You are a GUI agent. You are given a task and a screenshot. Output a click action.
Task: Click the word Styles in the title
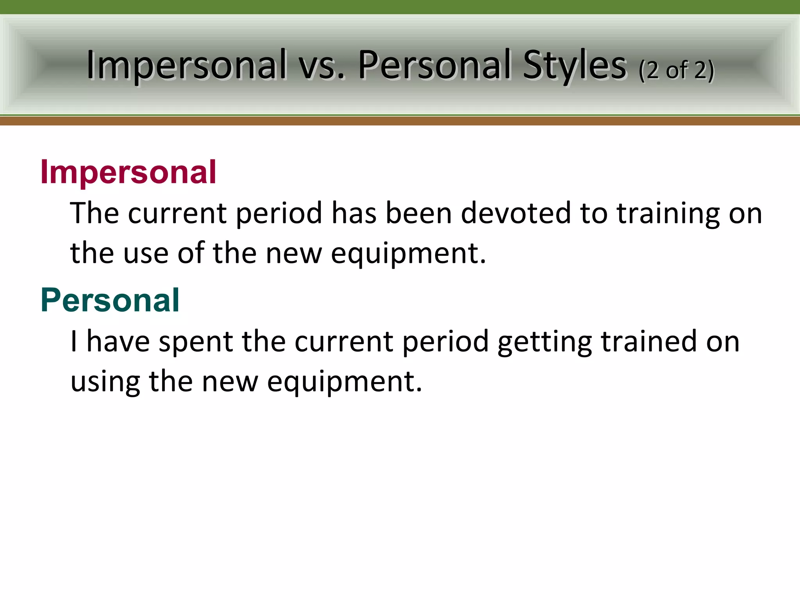pyautogui.click(x=575, y=65)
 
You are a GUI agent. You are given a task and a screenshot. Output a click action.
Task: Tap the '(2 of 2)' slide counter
pyautogui.click(x=677, y=70)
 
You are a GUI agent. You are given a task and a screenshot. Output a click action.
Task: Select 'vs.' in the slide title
pyautogui.click(x=322, y=65)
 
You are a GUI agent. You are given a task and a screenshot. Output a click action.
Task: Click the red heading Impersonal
pyautogui.click(x=128, y=172)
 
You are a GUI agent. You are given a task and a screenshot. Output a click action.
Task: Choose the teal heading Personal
pyautogui.click(x=110, y=300)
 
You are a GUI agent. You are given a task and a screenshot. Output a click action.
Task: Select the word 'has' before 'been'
pyautogui.click(x=354, y=213)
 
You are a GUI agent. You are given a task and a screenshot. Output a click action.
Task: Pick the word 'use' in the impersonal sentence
pyautogui.click(x=146, y=254)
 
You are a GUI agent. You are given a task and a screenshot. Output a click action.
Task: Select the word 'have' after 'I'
pyautogui.click(x=118, y=341)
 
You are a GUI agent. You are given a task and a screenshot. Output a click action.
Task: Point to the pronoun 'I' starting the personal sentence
pyautogui.click(x=73, y=341)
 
